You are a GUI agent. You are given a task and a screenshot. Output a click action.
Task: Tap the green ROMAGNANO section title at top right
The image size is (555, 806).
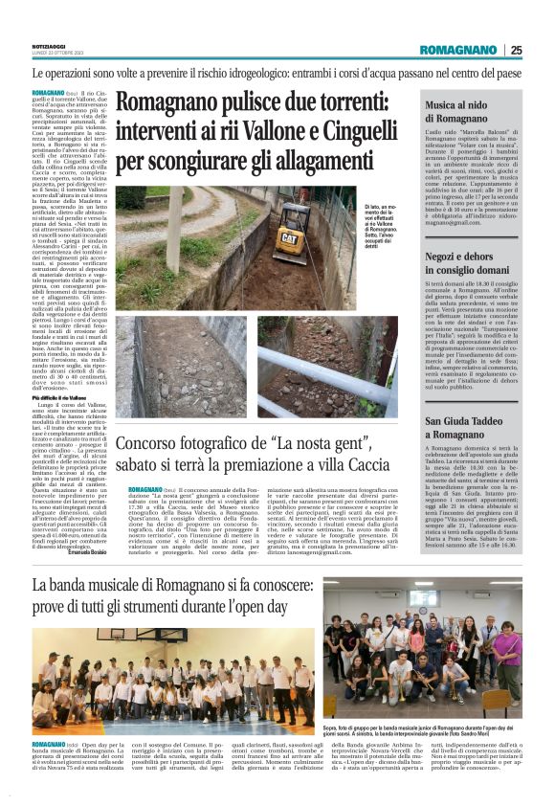pos(458,50)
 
